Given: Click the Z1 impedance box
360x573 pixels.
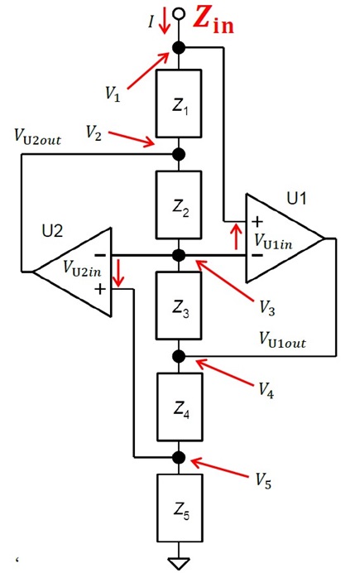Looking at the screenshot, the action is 179,104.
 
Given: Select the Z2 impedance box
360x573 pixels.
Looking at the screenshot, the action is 179,205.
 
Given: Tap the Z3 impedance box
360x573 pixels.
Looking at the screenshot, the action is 179,306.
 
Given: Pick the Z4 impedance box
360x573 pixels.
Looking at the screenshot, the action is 180,407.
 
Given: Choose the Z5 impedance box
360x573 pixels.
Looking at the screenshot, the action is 180,508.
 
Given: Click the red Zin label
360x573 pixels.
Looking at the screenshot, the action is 214,21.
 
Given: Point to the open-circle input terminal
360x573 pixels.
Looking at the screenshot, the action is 179,13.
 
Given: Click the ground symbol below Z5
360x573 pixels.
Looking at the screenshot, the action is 180,563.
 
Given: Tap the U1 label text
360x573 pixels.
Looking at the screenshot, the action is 296,199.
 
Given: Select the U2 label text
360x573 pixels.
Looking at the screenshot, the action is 52,231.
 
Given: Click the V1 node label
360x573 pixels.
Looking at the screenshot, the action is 113,94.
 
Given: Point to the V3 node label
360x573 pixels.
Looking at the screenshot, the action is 267,308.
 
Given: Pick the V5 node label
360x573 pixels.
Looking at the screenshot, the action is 263,480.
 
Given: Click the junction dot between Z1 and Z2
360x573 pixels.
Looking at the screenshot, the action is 179,155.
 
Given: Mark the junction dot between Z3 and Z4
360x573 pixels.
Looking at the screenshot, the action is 179,356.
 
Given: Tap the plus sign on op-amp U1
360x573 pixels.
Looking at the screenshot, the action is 257,221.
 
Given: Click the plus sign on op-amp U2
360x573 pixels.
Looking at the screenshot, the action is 99,290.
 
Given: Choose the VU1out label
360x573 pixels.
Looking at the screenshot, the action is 282,339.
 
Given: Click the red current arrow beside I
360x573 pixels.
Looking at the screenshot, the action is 165,22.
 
